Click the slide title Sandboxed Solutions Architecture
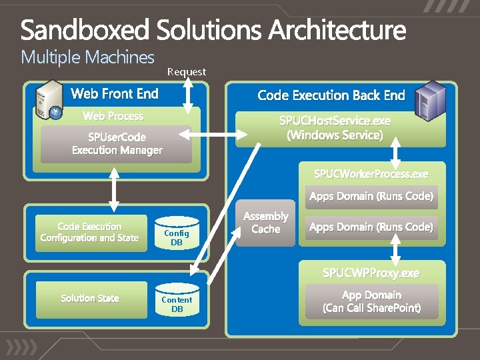[x=213, y=30]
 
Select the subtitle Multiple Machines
[x=87, y=57]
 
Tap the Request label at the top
[x=187, y=71]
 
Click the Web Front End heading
[x=115, y=93]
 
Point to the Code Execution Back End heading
[x=331, y=95]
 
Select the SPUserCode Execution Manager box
[x=117, y=144]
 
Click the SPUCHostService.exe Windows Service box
[x=335, y=128]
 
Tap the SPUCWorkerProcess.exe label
[x=371, y=174]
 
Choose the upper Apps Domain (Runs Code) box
[x=371, y=197]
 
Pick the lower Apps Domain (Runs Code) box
[x=371, y=227]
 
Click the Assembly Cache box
[x=265, y=223]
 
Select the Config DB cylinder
[x=176, y=236]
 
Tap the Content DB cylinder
[x=177, y=303]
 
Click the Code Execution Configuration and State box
[x=89, y=232]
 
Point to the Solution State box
[x=89, y=298]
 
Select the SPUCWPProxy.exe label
[x=371, y=273]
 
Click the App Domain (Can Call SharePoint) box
[x=371, y=301]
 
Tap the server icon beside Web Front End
[x=51, y=100]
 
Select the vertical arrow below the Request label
[x=189, y=96]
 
